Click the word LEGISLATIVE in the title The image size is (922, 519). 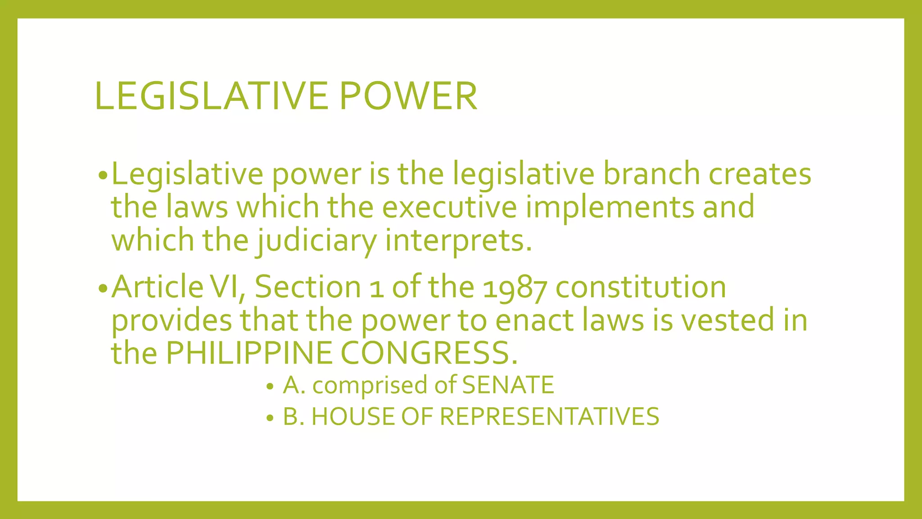tap(212, 96)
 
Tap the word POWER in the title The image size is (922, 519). tap(408, 96)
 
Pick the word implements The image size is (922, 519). tap(610, 208)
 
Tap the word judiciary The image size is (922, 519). tap(316, 241)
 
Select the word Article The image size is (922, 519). tap(157, 287)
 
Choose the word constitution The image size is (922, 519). tap(641, 287)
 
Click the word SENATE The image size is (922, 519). tap(508, 385)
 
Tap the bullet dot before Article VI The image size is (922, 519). tap(103, 288)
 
